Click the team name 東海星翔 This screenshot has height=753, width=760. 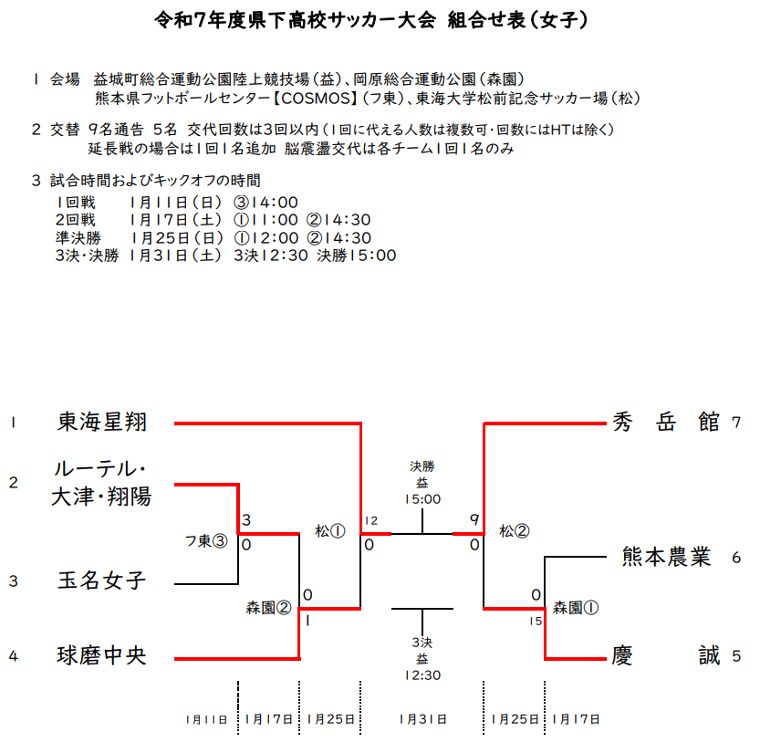click(x=101, y=423)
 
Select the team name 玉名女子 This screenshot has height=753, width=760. click(x=101, y=580)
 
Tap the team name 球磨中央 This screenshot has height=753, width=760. click(x=101, y=655)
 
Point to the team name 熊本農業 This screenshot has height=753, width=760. click(x=666, y=557)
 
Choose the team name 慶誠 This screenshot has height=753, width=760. click(x=666, y=655)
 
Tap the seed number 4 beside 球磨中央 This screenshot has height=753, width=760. click(x=13, y=655)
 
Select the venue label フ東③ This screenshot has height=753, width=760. click(x=206, y=541)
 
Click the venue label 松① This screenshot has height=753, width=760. click(x=330, y=530)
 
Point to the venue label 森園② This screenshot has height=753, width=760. click(x=268, y=607)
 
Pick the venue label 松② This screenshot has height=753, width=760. click(x=515, y=530)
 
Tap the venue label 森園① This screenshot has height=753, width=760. click(x=576, y=607)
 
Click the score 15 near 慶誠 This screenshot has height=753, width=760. click(x=536, y=621)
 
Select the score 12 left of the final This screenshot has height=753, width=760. click(x=370, y=521)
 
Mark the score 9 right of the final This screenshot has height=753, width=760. click(x=474, y=521)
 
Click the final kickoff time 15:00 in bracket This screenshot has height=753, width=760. click(x=422, y=499)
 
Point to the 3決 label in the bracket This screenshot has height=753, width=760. click(x=422, y=642)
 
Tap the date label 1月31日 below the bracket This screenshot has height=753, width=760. click(x=422, y=719)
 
